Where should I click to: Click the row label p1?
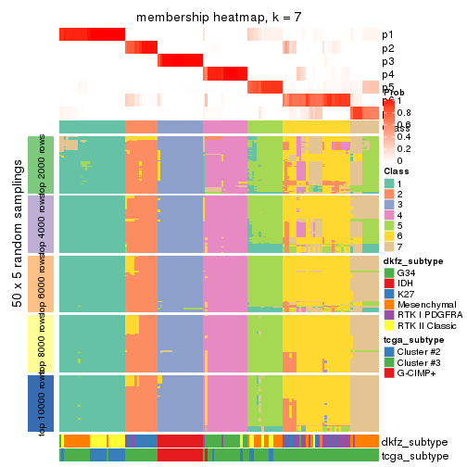point(387,35)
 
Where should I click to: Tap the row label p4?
point(387,74)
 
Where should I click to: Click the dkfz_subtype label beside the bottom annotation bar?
point(413,442)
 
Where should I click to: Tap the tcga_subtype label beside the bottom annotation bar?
point(413,456)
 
